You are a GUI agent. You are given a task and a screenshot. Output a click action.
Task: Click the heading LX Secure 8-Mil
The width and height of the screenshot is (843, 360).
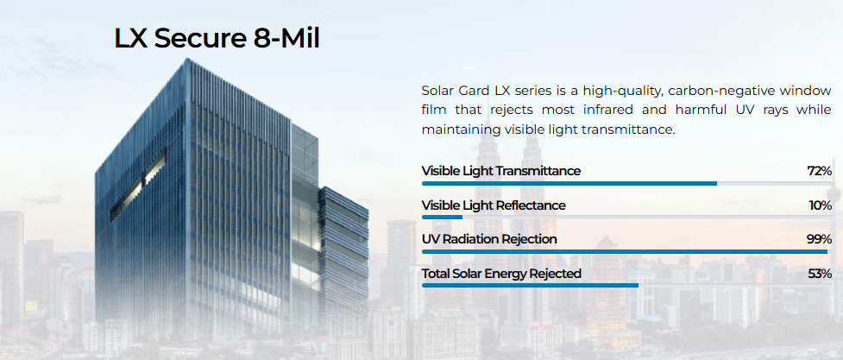click(217, 39)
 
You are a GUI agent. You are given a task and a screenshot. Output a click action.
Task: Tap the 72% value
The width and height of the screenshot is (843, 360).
click(820, 171)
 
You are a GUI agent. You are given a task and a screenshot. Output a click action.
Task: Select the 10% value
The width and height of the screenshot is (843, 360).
click(821, 205)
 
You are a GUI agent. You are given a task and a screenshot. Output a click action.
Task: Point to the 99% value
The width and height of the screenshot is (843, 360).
click(820, 239)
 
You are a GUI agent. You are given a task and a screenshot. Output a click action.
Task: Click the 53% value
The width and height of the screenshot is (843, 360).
click(820, 274)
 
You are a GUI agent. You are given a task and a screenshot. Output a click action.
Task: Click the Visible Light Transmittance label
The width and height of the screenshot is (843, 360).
click(501, 171)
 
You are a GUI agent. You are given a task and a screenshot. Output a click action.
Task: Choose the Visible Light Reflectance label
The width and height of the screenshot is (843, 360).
click(494, 205)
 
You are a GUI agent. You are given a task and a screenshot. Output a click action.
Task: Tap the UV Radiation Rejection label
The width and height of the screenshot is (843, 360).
click(489, 239)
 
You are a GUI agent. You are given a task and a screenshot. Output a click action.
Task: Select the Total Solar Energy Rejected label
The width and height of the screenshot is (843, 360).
click(501, 274)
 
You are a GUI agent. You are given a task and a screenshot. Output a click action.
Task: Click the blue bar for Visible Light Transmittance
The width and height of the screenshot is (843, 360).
click(569, 184)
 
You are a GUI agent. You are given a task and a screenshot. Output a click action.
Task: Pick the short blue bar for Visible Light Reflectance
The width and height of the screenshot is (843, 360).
click(442, 218)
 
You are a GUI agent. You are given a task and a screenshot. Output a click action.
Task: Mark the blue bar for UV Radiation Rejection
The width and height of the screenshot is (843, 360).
click(625, 251)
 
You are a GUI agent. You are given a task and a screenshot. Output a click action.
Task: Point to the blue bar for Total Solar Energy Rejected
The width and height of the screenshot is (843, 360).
click(530, 285)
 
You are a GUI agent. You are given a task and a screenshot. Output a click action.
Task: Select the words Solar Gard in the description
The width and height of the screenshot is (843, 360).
click(453, 91)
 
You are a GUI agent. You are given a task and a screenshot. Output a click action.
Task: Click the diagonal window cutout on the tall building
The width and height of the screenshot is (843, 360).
click(138, 186)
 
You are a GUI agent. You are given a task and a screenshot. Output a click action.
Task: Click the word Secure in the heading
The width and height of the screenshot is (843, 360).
click(191, 39)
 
